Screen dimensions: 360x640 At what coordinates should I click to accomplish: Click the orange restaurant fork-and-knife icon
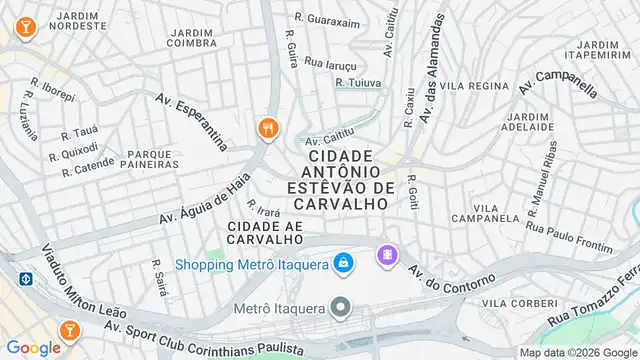pos(268,128)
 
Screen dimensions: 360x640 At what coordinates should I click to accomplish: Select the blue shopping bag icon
pos(343,262)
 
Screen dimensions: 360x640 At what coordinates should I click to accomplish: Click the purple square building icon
pos(385,256)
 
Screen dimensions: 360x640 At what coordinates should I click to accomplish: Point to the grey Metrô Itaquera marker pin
pos(343,307)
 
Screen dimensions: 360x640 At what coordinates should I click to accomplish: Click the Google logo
pos(33,347)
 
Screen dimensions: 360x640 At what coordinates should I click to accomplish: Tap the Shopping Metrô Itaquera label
pos(253,264)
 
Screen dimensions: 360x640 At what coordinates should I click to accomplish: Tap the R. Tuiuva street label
pos(358,82)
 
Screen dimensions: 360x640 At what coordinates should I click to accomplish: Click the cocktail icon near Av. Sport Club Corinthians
pos(70,327)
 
